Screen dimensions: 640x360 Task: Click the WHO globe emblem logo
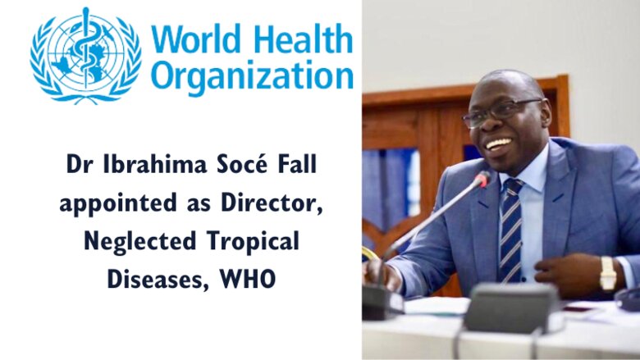pos(85,56)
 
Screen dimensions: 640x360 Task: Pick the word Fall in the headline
pos(297,164)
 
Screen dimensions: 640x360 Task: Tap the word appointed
pos(118,203)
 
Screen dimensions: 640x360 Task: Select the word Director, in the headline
pos(272,203)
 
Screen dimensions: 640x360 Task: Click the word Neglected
pos(140,241)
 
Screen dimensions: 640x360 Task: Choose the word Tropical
pos(253,241)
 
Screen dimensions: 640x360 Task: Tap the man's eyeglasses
pos(501,112)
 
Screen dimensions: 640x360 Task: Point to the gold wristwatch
pos(608,273)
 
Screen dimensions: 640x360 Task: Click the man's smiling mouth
pos(498,144)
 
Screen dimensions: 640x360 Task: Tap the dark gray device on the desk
pos(510,308)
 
